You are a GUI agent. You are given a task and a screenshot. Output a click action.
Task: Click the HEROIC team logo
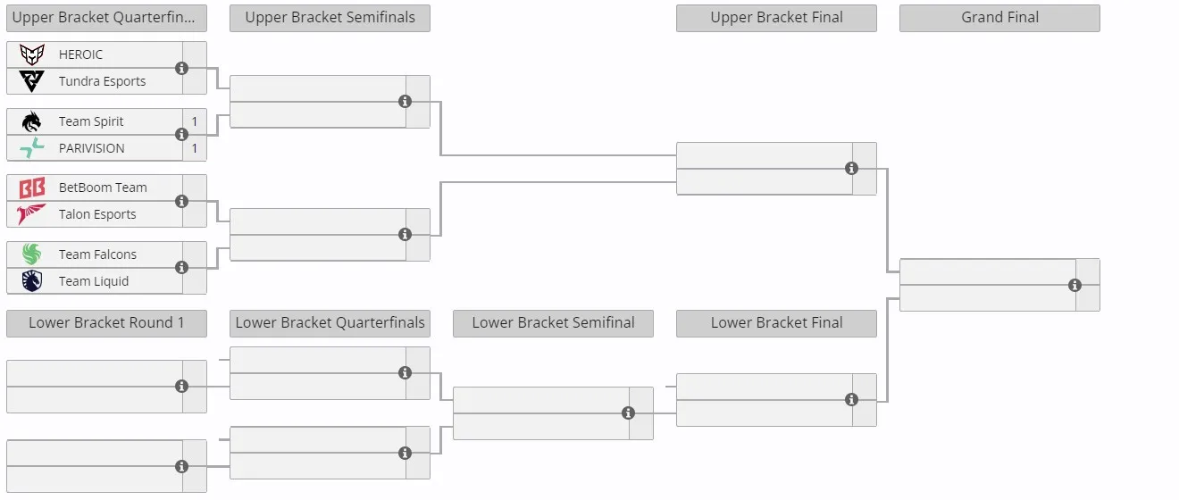[31, 54]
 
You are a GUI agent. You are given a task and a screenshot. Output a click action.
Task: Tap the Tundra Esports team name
[102, 81]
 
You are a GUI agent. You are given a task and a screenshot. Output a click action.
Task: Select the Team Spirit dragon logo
[31, 121]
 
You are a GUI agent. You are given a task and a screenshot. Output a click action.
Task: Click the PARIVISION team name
[92, 148]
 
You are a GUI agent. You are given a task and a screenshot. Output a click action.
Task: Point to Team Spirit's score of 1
[194, 121]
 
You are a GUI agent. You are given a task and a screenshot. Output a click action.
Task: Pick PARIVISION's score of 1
[194, 148]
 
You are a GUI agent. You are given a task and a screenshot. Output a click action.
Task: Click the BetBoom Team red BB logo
[31, 187]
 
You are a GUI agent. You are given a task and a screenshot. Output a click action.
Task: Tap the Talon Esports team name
[97, 214]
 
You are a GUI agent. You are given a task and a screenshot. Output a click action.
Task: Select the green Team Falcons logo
[31, 254]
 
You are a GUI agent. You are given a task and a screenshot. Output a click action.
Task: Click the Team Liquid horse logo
[31, 281]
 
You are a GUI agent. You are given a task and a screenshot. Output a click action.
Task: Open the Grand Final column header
[999, 18]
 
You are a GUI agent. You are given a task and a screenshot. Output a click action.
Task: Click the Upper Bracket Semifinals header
[330, 18]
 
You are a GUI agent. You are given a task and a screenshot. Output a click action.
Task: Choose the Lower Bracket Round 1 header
[106, 323]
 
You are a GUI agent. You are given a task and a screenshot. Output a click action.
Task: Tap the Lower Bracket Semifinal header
[553, 323]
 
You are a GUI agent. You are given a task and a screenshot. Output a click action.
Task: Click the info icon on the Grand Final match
[1074, 285]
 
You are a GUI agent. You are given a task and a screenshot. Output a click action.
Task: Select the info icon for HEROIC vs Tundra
[181, 69]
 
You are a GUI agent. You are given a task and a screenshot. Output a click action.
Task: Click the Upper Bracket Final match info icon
[851, 169]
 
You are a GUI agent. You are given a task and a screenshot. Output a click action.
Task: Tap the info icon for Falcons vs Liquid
[181, 267]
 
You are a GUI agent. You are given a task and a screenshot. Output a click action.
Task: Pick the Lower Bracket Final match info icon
[851, 400]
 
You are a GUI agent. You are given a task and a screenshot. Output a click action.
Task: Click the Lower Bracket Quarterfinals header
[330, 323]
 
